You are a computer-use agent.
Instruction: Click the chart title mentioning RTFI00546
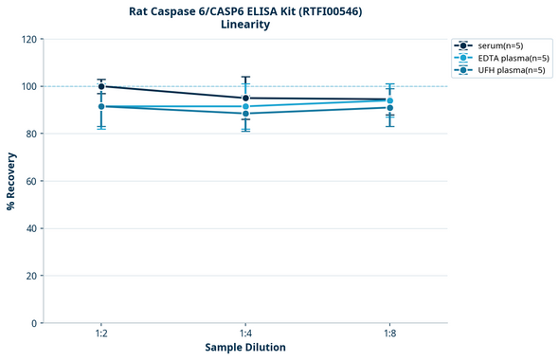tap(245, 11)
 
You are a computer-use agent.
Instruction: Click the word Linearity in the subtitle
tap(245, 25)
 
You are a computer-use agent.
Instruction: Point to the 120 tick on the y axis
tap(29, 40)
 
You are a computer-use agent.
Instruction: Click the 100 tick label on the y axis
tap(29, 87)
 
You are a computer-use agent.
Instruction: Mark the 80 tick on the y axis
tap(32, 135)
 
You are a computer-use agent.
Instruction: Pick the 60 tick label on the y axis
tap(32, 182)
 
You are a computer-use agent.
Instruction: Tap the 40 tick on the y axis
tap(32, 229)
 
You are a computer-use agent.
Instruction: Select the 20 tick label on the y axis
tap(32, 277)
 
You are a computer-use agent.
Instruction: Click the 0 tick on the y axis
tap(35, 324)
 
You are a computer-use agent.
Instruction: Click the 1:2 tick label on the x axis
tap(101, 334)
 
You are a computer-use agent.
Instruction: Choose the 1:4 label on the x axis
tap(245, 334)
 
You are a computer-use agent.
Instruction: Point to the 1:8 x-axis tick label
tap(390, 334)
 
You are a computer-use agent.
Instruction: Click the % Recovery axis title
tap(11, 181)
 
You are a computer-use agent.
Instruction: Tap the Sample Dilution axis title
tap(245, 348)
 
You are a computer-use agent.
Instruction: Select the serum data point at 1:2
tap(101, 86)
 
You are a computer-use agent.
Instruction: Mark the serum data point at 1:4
tap(245, 99)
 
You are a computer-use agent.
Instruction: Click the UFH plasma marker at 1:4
tap(245, 114)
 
